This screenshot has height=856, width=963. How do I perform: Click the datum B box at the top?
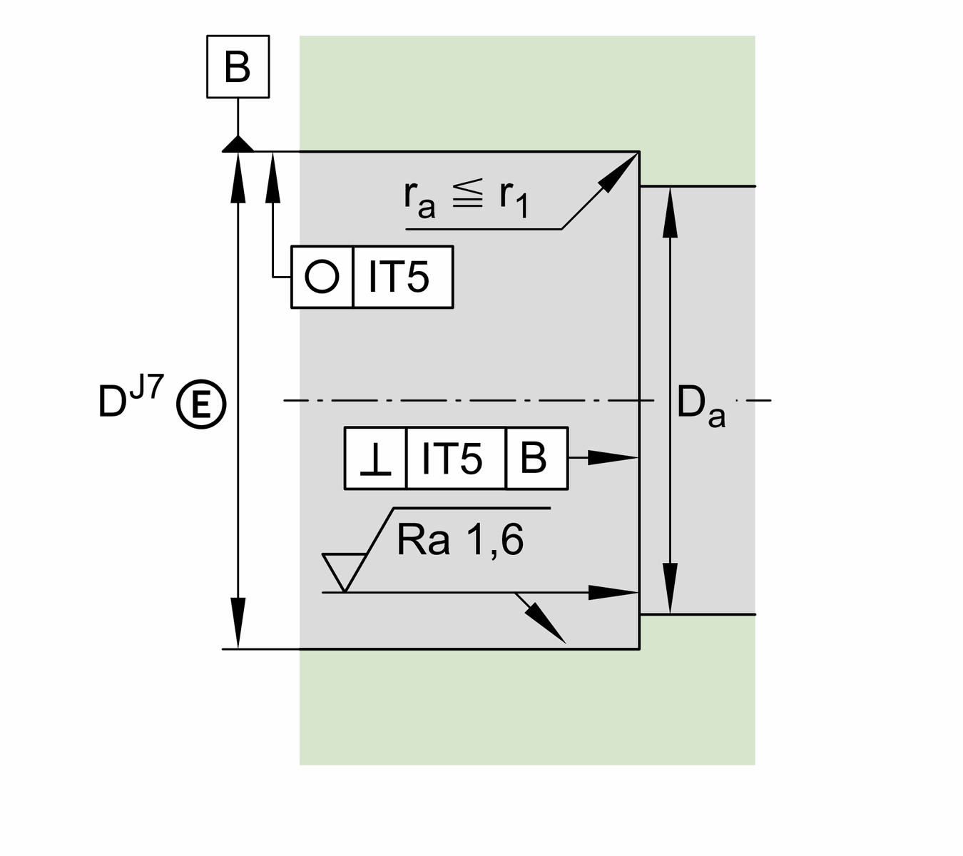[x=238, y=66]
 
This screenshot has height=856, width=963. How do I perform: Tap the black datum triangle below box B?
[x=238, y=144]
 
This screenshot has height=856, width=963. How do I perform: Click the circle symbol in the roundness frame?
[x=322, y=277]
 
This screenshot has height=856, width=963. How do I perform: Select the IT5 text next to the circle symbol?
[x=399, y=277]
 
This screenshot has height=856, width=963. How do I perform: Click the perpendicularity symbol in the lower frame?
[x=375, y=459]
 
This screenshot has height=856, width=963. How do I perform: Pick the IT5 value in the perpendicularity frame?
[x=452, y=459]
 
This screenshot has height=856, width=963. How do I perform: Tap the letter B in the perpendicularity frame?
[x=534, y=458]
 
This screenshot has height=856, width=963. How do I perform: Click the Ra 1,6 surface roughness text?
[x=460, y=539]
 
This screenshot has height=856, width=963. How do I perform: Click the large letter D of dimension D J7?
[x=112, y=402]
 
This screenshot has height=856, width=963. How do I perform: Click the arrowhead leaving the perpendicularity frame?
[x=614, y=457]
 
